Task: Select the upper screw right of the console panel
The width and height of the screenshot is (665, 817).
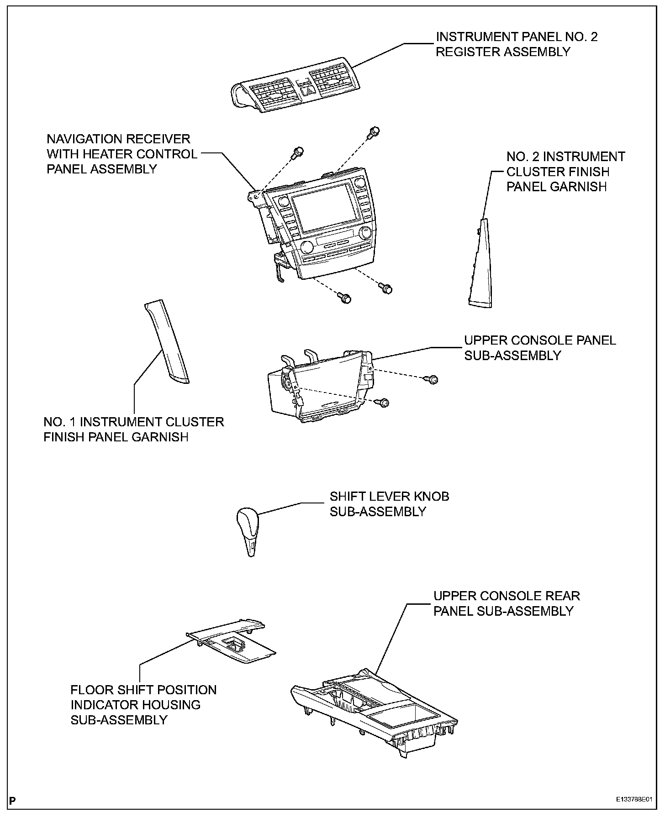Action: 433,379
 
